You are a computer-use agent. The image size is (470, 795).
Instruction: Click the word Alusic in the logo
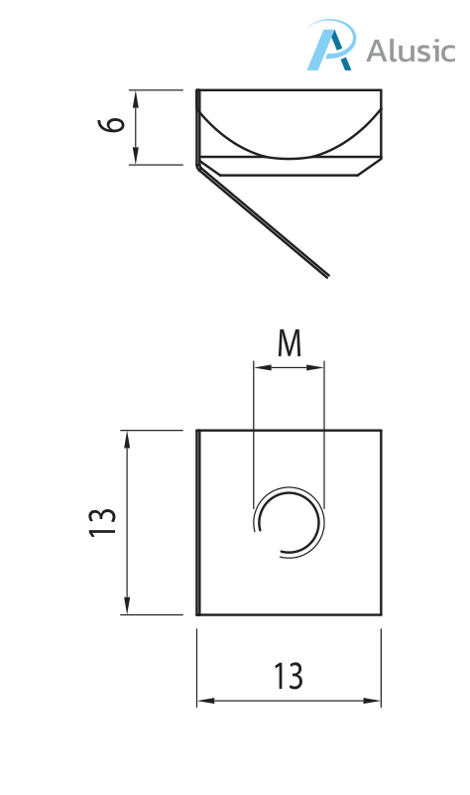[411, 51]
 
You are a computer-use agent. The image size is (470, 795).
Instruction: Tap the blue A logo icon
[329, 49]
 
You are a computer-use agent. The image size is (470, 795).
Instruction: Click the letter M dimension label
[289, 343]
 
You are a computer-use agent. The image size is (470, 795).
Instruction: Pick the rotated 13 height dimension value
[102, 522]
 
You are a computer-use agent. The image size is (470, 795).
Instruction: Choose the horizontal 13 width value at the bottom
[289, 677]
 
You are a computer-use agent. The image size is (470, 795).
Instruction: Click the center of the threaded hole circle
[289, 522]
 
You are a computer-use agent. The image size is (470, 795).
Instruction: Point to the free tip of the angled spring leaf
[327, 276]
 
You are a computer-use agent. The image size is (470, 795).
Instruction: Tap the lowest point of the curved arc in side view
[289, 158]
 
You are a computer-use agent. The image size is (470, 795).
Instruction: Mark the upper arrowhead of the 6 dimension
[135, 93]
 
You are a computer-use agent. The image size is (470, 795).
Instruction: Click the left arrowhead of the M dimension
[259, 368]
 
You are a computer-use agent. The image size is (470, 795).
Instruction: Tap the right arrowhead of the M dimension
[319, 368]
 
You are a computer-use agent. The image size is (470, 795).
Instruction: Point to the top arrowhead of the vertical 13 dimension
[127, 436]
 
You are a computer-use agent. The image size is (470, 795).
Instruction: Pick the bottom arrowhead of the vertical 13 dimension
[127, 609]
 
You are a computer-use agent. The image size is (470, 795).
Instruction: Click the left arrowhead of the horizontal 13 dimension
[202, 702]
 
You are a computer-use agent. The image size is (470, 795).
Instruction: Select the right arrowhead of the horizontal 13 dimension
[376, 702]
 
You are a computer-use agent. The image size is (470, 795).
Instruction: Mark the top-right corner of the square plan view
[381, 431]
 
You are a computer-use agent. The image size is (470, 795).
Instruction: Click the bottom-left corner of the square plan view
[197, 614]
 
